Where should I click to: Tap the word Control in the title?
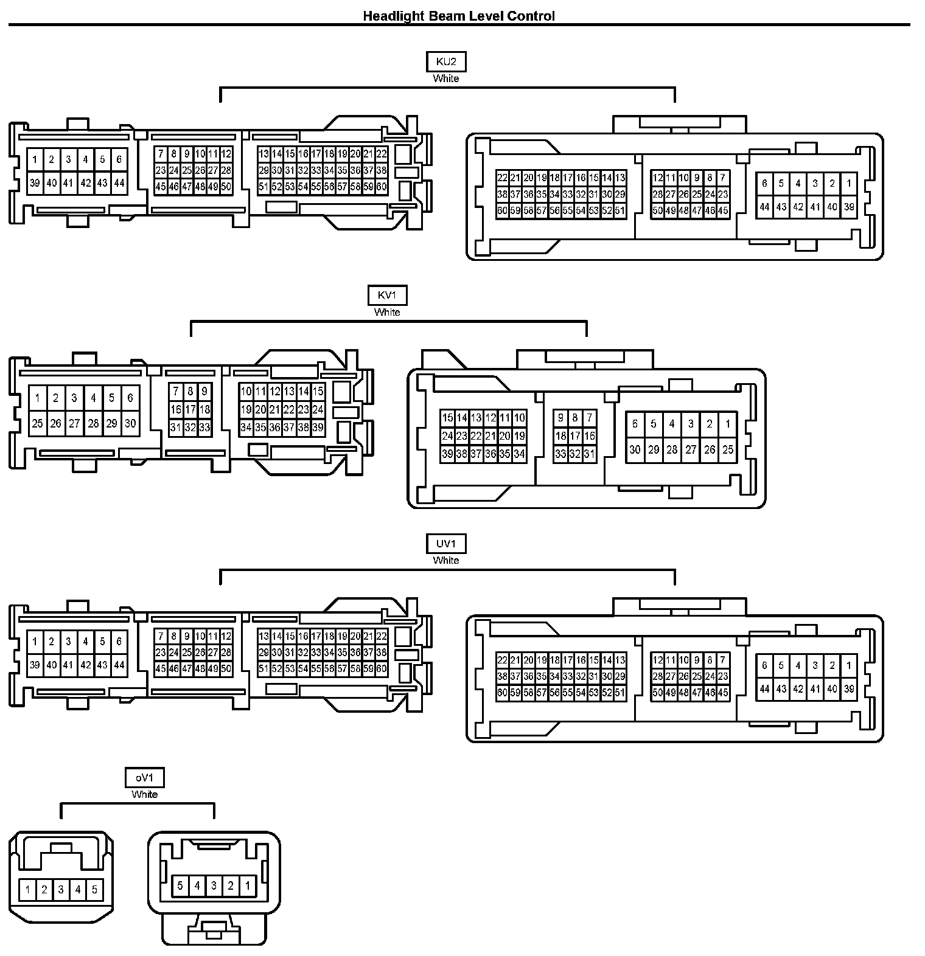pyautogui.click(x=532, y=16)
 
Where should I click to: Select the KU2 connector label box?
pyautogui.click(x=446, y=62)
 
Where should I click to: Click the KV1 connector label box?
pyautogui.click(x=387, y=296)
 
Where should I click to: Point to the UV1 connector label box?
pyautogui.click(x=446, y=544)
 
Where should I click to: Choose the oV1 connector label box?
pyautogui.click(x=144, y=778)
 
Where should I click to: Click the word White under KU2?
pyautogui.click(x=446, y=78)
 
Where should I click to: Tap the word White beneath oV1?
pyautogui.click(x=144, y=794)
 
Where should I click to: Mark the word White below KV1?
pyautogui.click(x=387, y=312)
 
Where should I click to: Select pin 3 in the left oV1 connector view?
pyautogui.click(x=61, y=890)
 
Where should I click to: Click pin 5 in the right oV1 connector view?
pyautogui.click(x=180, y=885)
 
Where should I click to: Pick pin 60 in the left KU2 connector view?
pyautogui.click(x=382, y=187)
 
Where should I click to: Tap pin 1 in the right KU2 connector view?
pyautogui.click(x=849, y=183)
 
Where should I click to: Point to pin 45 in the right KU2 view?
pyautogui.click(x=722, y=211)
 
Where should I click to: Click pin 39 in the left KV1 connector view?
pyautogui.click(x=318, y=428)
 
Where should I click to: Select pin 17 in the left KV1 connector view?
pyautogui.click(x=190, y=409)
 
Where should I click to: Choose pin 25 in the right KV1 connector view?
pyautogui.click(x=728, y=450)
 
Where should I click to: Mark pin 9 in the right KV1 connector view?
pyautogui.click(x=560, y=418)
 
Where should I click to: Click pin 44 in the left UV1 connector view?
pyautogui.click(x=119, y=665)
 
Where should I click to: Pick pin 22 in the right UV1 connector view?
pyautogui.click(x=502, y=660)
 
